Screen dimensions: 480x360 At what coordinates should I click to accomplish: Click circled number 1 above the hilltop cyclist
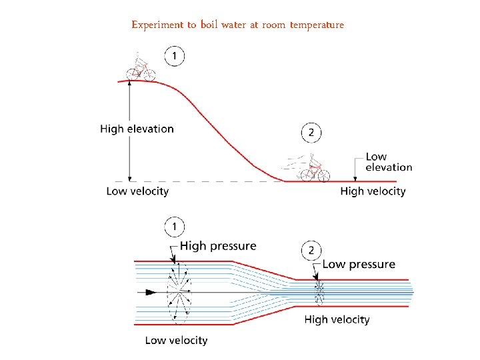coord(175,57)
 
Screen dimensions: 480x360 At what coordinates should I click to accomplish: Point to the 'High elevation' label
coord(137,129)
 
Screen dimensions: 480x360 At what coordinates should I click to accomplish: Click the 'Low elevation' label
coord(389,162)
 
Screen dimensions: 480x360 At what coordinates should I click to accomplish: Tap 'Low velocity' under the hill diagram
coord(137,191)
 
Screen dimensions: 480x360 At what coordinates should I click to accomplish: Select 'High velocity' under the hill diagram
coord(373,191)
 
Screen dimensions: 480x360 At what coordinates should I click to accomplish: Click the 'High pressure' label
coord(218,246)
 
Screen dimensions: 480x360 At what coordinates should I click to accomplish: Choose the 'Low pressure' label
coord(359,264)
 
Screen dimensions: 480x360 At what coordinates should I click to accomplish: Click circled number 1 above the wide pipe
coord(175,228)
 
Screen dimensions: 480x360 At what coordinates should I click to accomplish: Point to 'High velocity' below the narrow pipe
coord(337,319)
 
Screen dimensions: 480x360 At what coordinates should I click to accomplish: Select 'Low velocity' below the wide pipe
coord(176,340)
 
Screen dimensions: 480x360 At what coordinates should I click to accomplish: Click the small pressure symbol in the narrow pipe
coord(319,292)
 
